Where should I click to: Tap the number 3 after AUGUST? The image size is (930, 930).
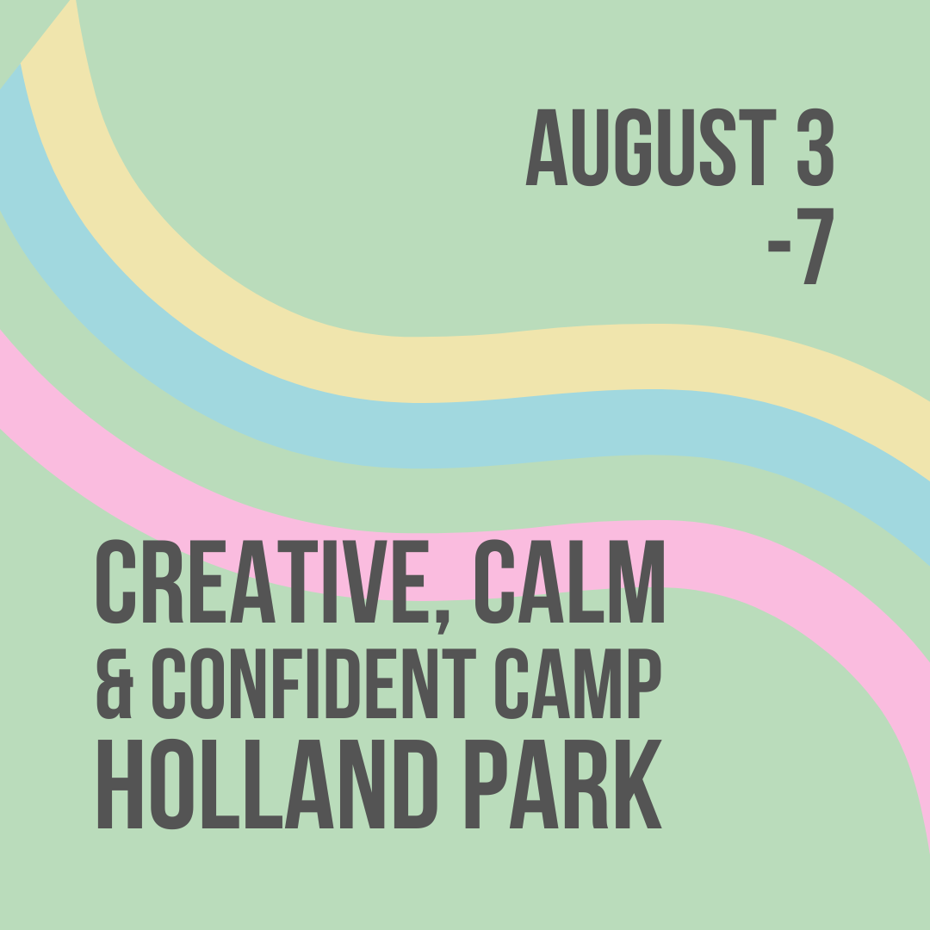tap(814, 148)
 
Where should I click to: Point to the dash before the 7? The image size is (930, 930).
tap(779, 250)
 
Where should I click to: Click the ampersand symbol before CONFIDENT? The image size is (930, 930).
tap(115, 686)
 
